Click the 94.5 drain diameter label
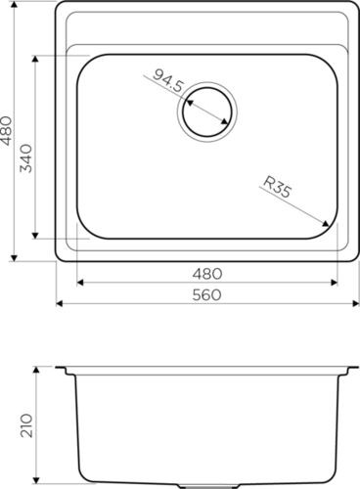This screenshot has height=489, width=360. click(168, 81)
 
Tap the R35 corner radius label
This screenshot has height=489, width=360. click(277, 187)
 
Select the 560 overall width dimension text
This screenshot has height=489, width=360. click(206, 295)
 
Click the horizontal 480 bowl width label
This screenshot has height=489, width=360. click(207, 274)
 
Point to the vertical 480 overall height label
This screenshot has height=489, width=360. click(7, 131)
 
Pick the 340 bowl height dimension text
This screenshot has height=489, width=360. click(26, 158)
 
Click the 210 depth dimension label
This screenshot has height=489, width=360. click(26, 425)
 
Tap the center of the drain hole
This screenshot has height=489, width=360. click(207, 111)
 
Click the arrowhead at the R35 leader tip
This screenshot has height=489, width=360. click(325, 223)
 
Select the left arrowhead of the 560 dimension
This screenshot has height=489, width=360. click(60, 303)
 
